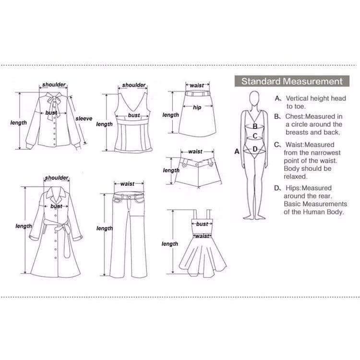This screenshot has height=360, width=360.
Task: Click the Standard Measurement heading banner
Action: click(292, 81)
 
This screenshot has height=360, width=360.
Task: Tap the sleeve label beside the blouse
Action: click(84, 119)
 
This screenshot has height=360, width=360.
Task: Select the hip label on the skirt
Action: click(197, 107)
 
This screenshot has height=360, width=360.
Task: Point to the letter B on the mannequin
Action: click(255, 126)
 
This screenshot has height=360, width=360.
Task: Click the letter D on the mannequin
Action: click(255, 149)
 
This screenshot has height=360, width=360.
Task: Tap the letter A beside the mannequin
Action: click(237, 151)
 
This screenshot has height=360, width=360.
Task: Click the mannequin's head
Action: click(254, 98)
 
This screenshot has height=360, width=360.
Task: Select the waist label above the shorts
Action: click(195, 152)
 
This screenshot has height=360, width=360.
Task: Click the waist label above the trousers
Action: click(127, 184)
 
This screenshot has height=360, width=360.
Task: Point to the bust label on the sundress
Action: click(202, 224)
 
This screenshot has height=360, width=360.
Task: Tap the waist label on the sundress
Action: click(202, 236)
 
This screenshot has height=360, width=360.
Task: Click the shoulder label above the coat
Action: click(57, 178)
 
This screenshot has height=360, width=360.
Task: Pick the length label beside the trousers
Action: click(105, 228)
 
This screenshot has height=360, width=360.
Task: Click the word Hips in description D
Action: click(292, 188)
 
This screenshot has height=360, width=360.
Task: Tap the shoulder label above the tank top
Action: click(133, 85)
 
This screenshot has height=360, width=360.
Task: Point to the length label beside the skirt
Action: click(170, 115)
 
